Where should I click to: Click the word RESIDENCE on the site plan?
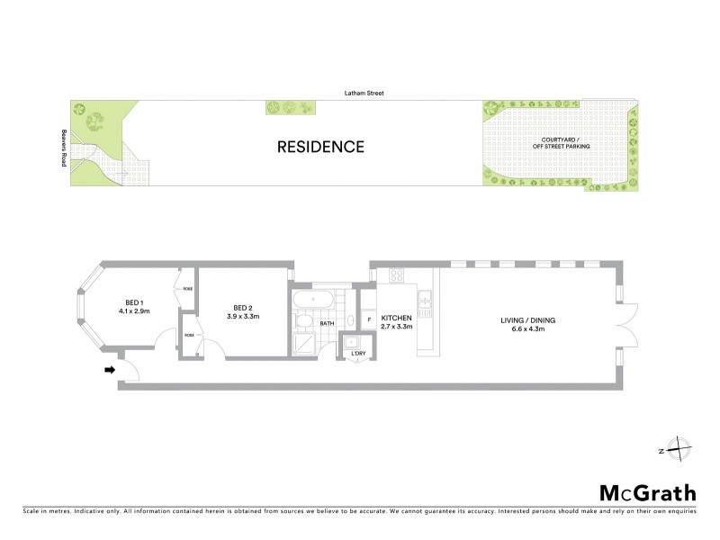coord(319,147)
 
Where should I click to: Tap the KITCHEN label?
coord(396,319)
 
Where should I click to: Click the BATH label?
coord(327,322)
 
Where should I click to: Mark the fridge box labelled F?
coord(367,320)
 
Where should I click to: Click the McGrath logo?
coord(647,493)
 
